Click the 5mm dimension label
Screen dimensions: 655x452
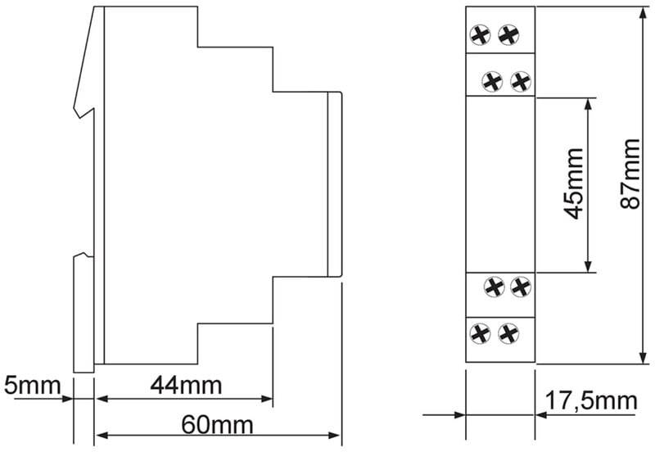click(32, 385)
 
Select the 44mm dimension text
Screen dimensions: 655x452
click(186, 385)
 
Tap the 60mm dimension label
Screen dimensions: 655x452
click(217, 425)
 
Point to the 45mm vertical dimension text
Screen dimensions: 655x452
click(574, 183)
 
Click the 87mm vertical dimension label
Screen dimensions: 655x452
click(630, 174)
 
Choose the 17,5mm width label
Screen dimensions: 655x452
click(591, 401)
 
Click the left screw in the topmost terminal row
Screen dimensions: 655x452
click(480, 35)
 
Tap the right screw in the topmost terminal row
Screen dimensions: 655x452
click(508, 35)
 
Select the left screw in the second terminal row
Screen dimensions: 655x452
click(492, 81)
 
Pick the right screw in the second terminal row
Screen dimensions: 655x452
click(521, 81)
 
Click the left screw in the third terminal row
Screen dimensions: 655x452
click(495, 287)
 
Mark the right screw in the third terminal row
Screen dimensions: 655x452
click(521, 287)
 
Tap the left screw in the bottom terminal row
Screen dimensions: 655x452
click(480, 333)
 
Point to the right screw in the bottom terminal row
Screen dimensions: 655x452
click(508, 333)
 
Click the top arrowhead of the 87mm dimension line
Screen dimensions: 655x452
click(644, 12)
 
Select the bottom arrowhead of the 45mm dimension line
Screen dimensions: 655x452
click(588, 266)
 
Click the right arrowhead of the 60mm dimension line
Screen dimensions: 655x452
click(334, 436)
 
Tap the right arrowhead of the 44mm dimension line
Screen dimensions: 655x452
click(267, 399)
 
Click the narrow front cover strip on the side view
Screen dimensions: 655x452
click(335, 183)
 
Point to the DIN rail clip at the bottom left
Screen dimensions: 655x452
click(84, 314)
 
